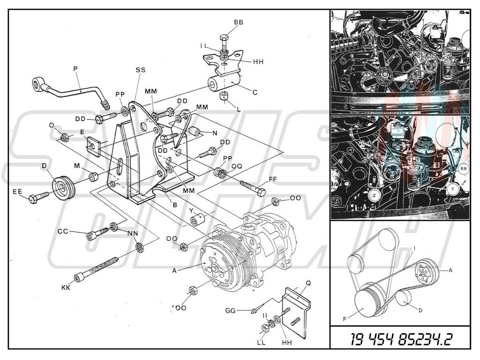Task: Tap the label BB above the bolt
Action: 239,22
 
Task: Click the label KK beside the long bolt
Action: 66,287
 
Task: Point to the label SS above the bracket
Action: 140,70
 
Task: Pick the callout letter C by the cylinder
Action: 255,92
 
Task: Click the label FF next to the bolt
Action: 273,179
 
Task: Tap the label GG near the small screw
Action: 230,310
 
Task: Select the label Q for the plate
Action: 308,283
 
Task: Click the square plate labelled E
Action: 95,146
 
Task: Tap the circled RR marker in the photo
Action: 464,168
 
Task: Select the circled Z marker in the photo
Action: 375,195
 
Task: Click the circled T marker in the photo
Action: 452,189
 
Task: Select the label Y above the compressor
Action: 191,210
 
